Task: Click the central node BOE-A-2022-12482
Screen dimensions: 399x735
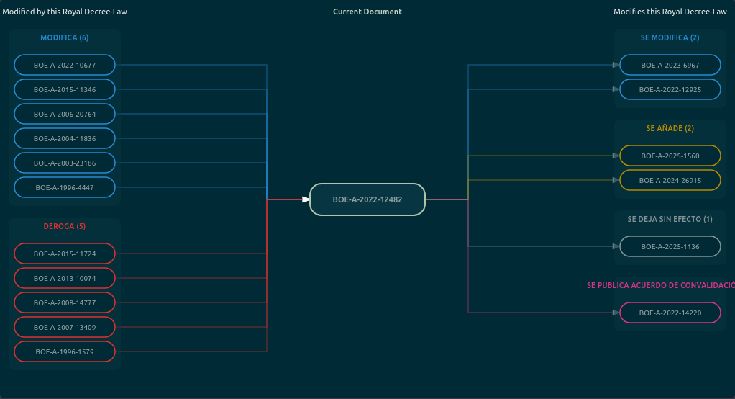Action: pyautogui.click(x=367, y=199)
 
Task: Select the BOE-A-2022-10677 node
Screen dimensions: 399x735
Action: pyautogui.click(x=65, y=65)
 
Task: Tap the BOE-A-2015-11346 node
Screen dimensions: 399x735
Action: pyautogui.click(x=65, y=89)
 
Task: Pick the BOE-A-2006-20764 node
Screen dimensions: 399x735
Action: pyautogui.click(x=65, y=114)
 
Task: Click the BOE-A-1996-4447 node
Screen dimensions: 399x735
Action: pyautogui.click(x=65, y=187)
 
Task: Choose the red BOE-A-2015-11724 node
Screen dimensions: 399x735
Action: pyautogui.click(x=65, y=254)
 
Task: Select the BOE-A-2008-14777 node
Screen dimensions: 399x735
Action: pyautogui.click(x=65, y=302)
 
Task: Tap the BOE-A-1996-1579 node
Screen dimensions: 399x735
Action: pyautogui.click(x=65, y=351)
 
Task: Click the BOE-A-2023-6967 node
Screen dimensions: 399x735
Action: pyautogui.click(x=670, y=65)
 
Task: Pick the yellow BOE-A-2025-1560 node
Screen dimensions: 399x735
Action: pyautogui.click(x=670, y=156)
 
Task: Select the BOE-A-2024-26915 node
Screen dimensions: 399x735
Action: pyautogui.click(x=670, y=180)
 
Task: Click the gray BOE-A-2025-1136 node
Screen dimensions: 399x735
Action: pyautogui.click(x=670, y=246)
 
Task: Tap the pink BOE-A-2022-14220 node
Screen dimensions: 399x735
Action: pyautogui.click(x=670, y=313)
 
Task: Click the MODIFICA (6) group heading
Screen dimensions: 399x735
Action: pyautogui.click(x=65, y=37)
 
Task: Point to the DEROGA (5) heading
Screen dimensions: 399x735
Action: pyautogui.click(x=65, y=226)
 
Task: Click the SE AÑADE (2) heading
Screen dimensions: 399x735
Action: pyautogui.click(x=670, y=128)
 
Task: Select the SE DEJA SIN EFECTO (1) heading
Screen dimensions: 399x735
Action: pyautogui.click(x=670, y=219)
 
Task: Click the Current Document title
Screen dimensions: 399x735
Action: pyautogui.click(x=367, y=12)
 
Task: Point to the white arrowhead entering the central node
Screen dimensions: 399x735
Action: pyautogui.click(x=306, y=199)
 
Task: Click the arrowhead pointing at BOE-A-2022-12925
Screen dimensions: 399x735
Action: pyautogui.click(x=616, y=89)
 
